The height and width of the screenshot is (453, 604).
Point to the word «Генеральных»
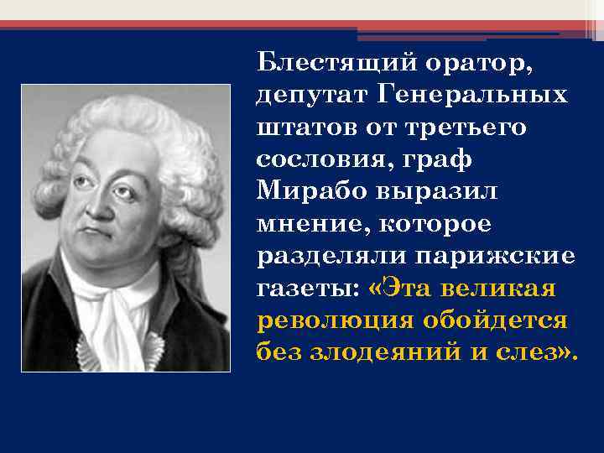pyautogui.click(x=473, y=94)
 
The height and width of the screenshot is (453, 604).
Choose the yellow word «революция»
pyautogui.click(x=323, y=320)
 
